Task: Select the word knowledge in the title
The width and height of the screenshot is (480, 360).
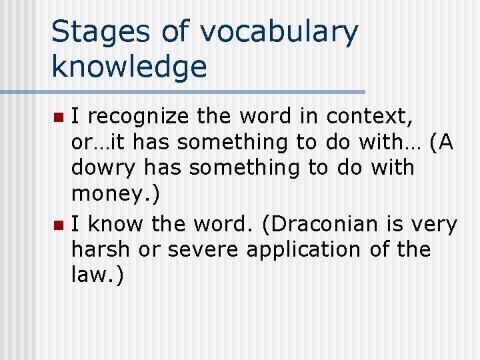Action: tap(129, 67)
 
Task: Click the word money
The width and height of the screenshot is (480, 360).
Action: tap(106, 195)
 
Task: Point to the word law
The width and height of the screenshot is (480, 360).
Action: tap(90, 275)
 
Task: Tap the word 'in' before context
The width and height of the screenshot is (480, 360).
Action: tap(308, 117)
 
